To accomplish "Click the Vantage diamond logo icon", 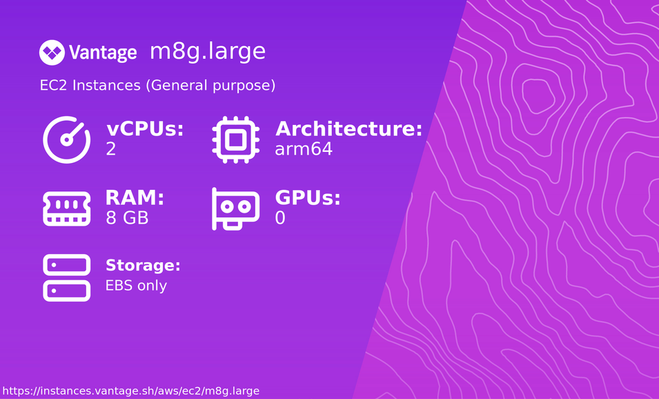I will point(51,52).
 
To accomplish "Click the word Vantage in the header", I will point(103,52).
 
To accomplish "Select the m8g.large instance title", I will point(207,52).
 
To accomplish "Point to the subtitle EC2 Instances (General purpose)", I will point(158,86).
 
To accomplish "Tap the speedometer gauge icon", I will point(67,139).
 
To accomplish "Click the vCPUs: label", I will point(145,129).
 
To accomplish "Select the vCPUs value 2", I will point(111,149).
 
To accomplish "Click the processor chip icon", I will point(235,139).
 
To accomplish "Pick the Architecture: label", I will point(348,129).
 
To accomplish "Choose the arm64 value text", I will point(304,149).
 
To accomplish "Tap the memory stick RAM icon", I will point(67,208).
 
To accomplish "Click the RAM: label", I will point(135,198).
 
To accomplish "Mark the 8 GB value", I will point(127,218).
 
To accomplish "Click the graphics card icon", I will point(235,208).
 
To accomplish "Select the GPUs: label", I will point(308,198).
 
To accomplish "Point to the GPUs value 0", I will point(280,218).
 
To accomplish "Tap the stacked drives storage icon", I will point(67,278).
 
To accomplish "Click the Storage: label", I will point(143,266).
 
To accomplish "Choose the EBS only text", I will point(136,285).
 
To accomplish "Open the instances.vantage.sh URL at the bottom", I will point(131,391).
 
